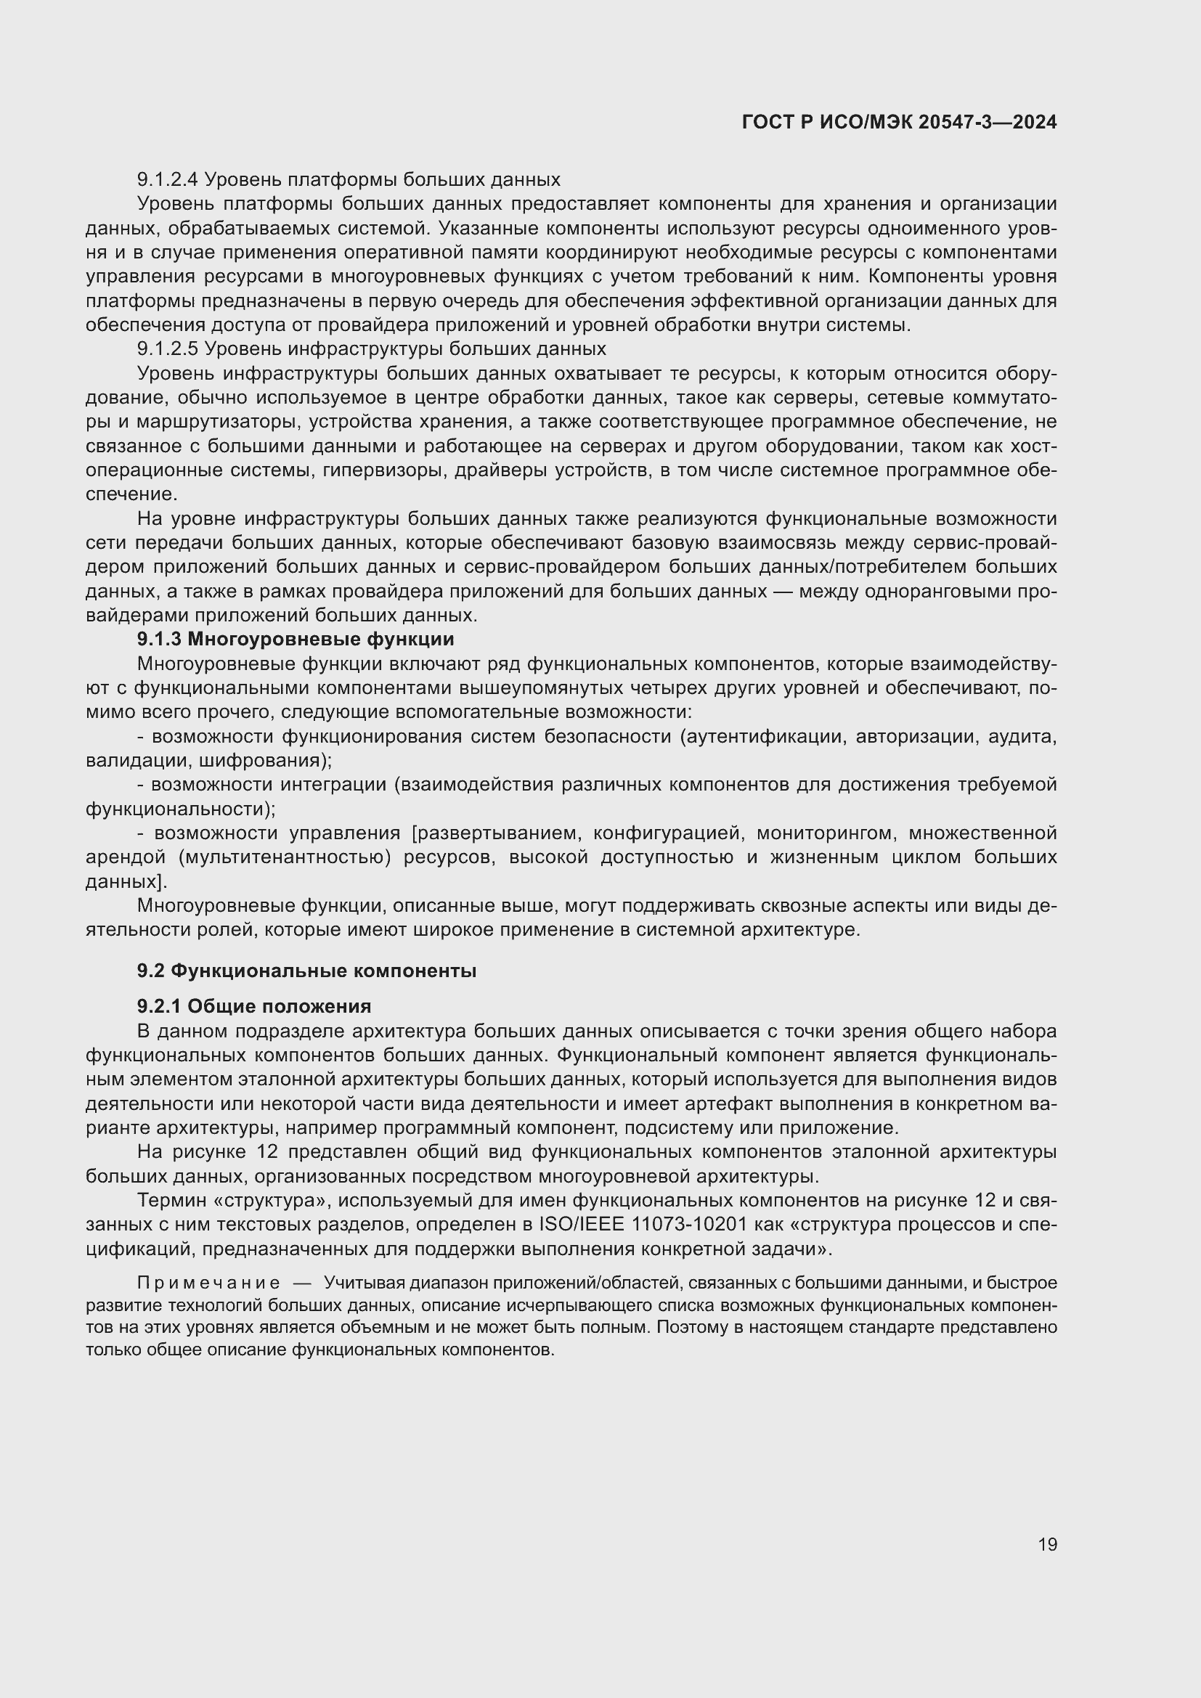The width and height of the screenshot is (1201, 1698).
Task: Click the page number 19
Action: [1047, 1544]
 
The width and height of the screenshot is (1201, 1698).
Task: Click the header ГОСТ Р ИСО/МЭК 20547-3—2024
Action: [899, 123]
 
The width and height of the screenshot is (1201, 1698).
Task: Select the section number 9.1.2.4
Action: [168, 180]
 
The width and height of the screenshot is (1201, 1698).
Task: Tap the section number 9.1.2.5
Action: [168, 348]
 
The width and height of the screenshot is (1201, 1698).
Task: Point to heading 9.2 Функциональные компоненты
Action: [306, 971]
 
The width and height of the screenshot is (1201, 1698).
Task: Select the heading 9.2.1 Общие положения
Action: [253, 1005]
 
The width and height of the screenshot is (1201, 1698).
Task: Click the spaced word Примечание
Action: [208, 1282]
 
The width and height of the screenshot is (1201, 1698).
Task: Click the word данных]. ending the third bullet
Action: [126, 881]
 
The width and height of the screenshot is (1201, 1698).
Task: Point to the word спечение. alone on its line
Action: [131, 494]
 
